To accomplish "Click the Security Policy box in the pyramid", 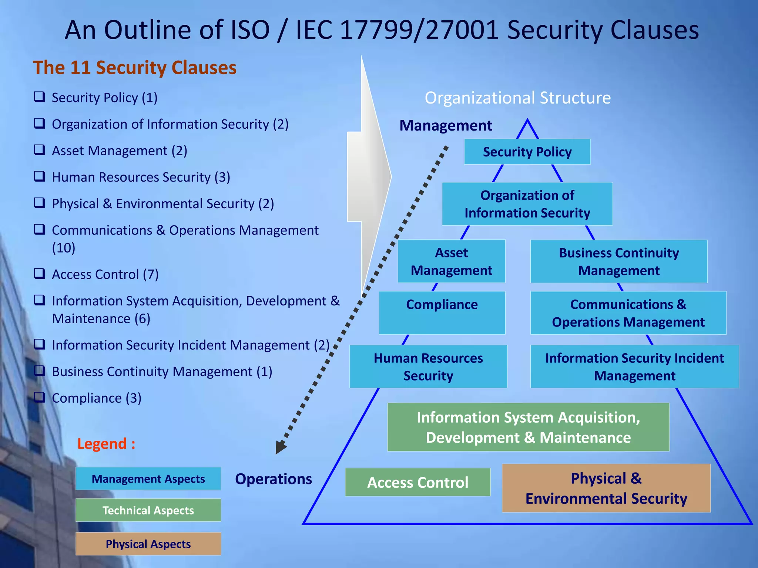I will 527,152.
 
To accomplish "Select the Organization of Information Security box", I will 527,204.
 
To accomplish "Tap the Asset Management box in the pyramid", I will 451,261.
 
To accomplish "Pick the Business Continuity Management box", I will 618,261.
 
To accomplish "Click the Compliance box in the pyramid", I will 442,312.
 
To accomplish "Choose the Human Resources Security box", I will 428,366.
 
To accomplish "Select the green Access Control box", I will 417,482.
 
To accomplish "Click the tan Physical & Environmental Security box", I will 606,488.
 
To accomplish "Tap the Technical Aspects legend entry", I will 148,510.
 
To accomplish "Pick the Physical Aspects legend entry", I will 148,544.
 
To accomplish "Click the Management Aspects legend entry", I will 148,479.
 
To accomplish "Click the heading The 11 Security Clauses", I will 135,68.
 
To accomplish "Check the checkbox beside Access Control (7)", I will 39,274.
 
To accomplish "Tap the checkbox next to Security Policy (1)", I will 39,97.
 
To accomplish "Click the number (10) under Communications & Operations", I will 64,248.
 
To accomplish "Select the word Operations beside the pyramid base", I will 274,479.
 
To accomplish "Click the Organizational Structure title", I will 517,98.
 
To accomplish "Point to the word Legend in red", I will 102,444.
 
